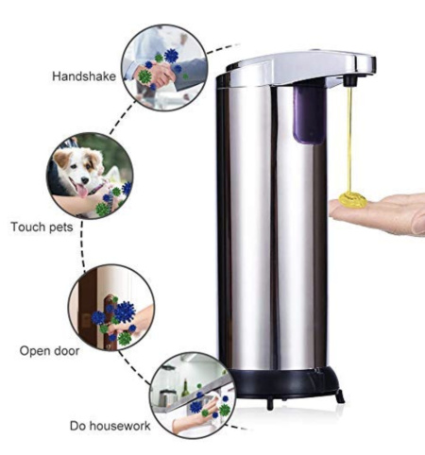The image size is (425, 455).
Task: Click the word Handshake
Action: (84, 76)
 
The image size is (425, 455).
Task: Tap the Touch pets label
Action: (42, 227)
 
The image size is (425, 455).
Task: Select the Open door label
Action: (49, 350)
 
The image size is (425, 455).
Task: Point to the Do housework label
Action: (110, 426)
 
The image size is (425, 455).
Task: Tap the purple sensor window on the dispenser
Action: (309, 114)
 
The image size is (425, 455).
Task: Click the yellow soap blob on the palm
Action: (353, 199)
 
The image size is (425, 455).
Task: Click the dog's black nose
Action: (84, 180)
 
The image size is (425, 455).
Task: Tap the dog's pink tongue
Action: (81, 191)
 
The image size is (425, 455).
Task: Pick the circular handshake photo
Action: (164, 67)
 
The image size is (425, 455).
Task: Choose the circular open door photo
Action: (111, 308)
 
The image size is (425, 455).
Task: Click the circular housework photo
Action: (193, 396)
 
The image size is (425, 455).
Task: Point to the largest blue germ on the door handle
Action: (125, 312)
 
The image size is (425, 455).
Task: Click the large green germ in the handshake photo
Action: (144, 76)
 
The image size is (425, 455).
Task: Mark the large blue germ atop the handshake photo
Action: (171, 56)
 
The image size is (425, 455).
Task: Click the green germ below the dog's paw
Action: (102, 209)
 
